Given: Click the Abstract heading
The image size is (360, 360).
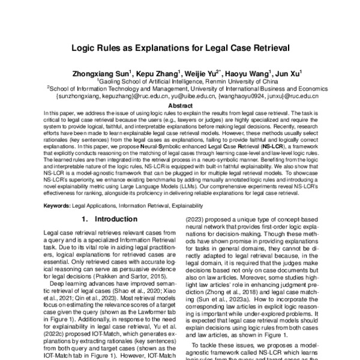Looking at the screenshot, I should click(179, 104).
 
